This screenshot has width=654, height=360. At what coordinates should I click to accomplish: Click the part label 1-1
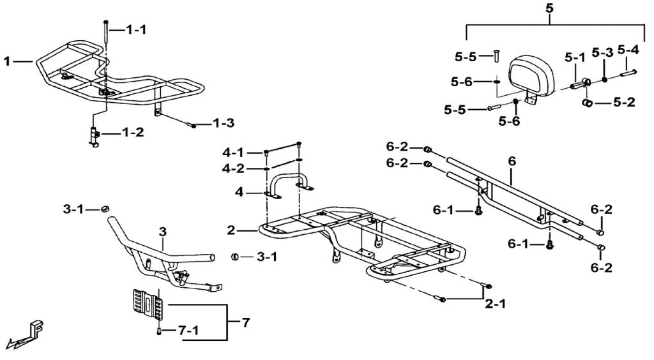[x=136, y=29]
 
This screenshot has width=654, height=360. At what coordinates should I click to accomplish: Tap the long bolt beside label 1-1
[x=105, y=31]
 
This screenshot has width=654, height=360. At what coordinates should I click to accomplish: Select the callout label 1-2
[x=133, y=133]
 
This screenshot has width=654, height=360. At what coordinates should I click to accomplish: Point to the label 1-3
[x=224, y=123]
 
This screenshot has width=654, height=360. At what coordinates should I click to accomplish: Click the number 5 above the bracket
[x=549, y=9]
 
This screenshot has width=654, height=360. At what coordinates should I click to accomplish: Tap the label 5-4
[x=628, y=50]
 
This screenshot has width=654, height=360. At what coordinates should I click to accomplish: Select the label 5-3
[x=603, y=52]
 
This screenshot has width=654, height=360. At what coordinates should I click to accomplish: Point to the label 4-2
[x=233, y=169]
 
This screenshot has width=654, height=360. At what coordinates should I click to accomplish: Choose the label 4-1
[x=233, y=153]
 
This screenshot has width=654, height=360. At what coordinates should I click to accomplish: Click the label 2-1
[x=495, y=304]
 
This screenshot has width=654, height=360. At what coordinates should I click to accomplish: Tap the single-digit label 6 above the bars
[x=512, y=161]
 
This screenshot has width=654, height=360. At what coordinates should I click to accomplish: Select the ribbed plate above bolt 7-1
[x=147, y=305]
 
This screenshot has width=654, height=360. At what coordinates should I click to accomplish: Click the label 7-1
[x=188, y=331]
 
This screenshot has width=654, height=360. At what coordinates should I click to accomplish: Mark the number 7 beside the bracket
[x=246, y=322]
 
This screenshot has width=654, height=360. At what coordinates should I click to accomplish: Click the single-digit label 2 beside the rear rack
[x=231, y=230]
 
